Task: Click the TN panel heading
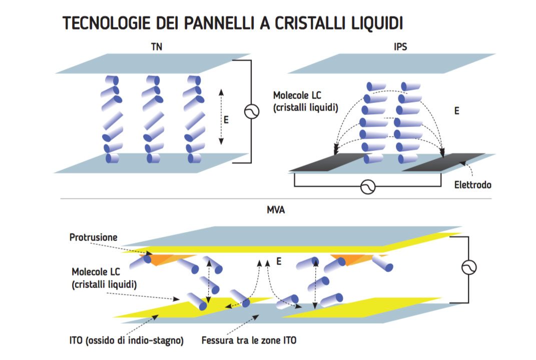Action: [x=157, y=47]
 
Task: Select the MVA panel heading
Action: [x=276, y=210]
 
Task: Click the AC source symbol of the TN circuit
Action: [x=251, y=111]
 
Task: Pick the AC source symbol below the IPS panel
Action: [x=368, y=186]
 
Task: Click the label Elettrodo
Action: [x=472, y=184]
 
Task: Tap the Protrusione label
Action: [x=93, y=237]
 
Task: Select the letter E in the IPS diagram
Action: [x=456, y=111]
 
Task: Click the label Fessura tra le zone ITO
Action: [x=249, y=341]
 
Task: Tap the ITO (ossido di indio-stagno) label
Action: [x=126, y=341]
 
